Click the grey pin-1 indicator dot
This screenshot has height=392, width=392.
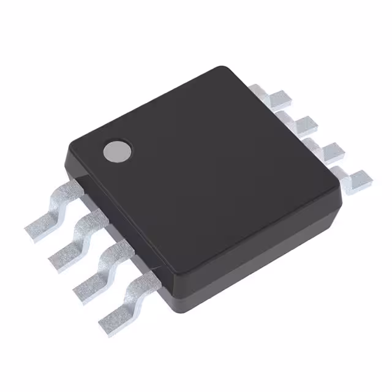click(x=116, y=151)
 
